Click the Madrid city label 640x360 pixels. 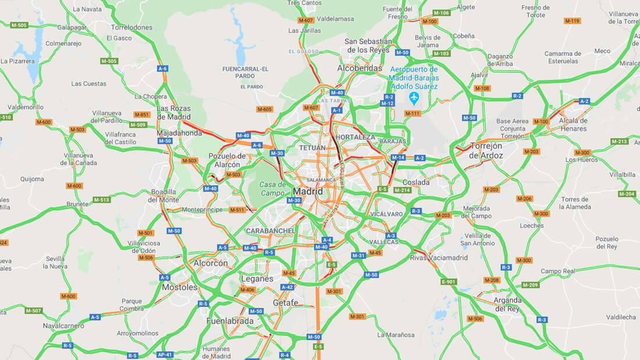tap(308, 191)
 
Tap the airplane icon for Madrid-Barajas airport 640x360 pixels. tap(414, 96)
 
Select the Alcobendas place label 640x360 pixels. tap(360, 68)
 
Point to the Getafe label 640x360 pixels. tap(285, 302)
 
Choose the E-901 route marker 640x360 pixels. tap(449, 282)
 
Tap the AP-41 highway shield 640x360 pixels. tap(165, 354)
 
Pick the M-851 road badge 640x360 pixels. tap(141, 115)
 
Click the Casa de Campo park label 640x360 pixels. tap(272, 188)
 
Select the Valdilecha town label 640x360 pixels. tap(621, 317)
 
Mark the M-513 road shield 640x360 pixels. tap(101, 200)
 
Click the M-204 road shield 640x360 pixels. tap(626, 194)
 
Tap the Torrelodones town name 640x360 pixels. tap(131, 27)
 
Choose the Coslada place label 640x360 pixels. tap(416, 182)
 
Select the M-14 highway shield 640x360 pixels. tap(398, 158)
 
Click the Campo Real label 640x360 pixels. tap(557, 271)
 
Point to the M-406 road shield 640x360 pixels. tap(248, 290)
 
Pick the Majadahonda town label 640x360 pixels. tap(179, 133)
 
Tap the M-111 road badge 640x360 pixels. tap(412, 113)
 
